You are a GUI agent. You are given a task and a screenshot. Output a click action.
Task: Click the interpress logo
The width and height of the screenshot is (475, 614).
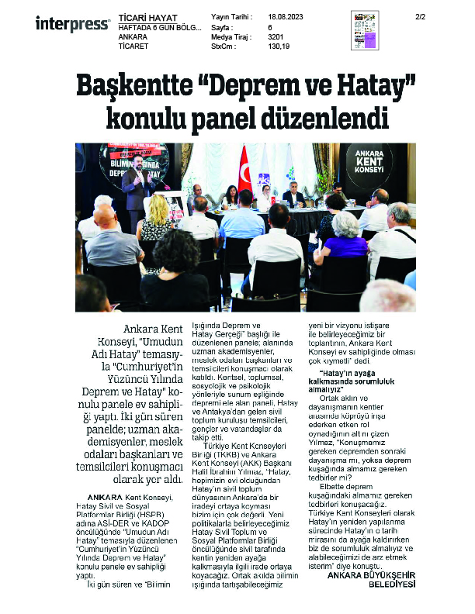[72, 24]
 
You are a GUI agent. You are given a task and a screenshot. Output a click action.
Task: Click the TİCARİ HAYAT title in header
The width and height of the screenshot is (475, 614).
[147, 17]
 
